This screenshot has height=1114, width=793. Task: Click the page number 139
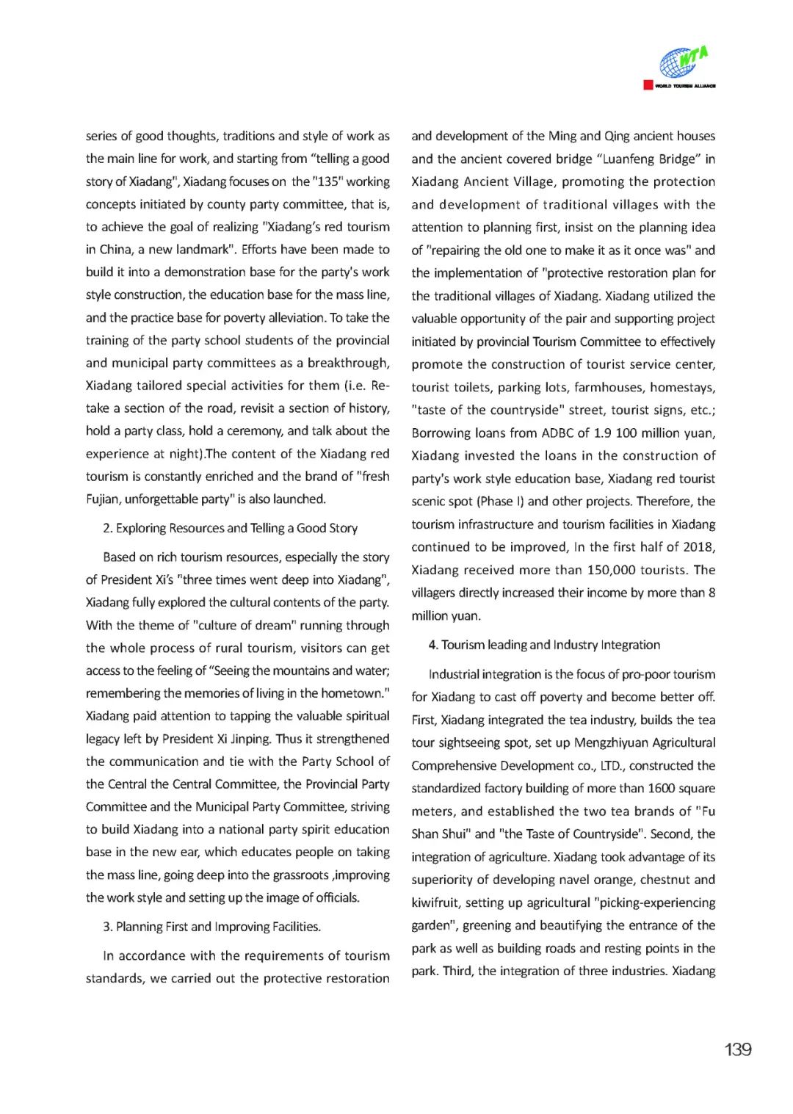tap(737, 1049)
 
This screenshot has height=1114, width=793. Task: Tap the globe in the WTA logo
tap(676, 64)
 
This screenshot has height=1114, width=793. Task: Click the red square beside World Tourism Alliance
tap(648, 85)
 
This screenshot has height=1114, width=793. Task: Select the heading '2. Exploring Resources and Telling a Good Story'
tap(230, 528)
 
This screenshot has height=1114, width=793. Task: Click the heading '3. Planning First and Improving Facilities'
tap(211, 927)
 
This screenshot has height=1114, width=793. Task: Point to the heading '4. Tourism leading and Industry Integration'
tap(544, 645)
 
